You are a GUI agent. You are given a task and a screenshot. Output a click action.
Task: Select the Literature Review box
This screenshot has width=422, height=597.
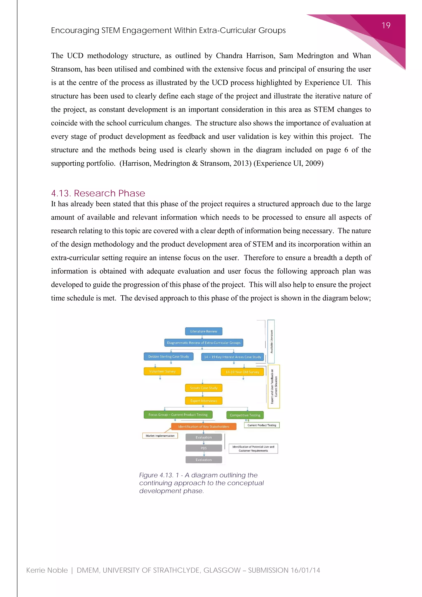pos(203,331)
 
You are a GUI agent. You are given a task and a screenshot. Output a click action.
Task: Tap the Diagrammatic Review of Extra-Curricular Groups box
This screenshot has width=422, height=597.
pos(203,343)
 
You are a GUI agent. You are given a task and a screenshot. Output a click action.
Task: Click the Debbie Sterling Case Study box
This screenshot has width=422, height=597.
pos(168,356)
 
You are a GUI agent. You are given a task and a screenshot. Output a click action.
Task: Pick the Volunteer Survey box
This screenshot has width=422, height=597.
pos(162,371)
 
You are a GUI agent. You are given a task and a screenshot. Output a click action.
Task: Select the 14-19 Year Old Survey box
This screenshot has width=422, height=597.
pos(242,372)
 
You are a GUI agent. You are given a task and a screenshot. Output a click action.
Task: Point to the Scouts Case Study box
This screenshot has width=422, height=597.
pos(203,388)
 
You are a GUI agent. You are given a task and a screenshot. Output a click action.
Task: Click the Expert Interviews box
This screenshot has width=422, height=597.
pos(203,401)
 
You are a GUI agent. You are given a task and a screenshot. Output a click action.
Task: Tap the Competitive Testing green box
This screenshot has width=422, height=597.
pos(245,415)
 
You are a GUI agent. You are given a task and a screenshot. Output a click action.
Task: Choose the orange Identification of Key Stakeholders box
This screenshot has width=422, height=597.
pos(203,427)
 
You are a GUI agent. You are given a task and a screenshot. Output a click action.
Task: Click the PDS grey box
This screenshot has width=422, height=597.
pos(203,448)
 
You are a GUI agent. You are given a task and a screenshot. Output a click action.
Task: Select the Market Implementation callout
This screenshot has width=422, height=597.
pos(160,436)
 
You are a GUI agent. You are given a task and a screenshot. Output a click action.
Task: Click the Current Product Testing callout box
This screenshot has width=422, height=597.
pos(262,425)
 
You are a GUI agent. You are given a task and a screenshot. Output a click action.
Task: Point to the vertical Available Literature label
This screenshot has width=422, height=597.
pos(271,341)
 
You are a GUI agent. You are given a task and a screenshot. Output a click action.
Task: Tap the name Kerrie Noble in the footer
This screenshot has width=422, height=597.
pos(47,570)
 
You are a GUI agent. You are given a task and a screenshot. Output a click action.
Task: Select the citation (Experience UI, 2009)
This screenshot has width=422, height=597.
pos(288,163)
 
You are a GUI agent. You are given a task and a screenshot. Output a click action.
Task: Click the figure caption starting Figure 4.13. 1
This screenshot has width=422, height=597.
pos(201,483)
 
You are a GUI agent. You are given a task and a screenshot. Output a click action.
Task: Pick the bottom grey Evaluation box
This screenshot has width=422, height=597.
pos(203,460)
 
